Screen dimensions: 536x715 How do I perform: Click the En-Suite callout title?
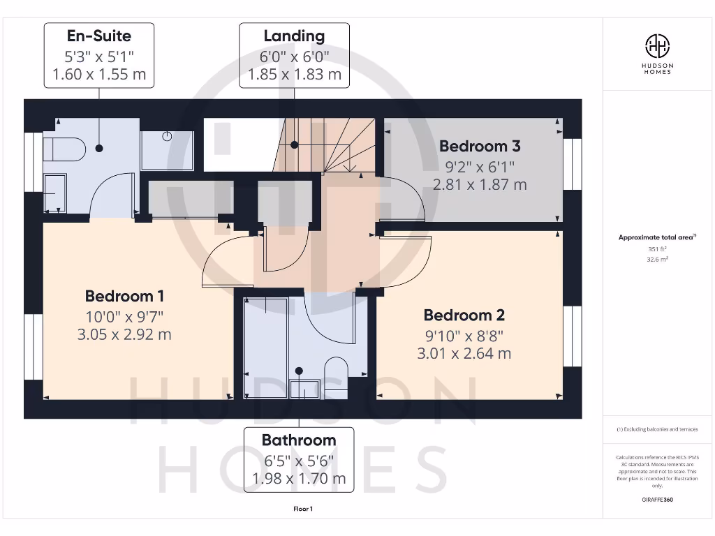pyautogui.click(x=98, y=35)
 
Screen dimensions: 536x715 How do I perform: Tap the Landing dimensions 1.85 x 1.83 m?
pyautogui.click(x=294, y=74)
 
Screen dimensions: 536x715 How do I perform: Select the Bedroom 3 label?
pyautogui.click(x=480, y=147)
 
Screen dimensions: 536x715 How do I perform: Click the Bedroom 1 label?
pyautogui.click(x=124, y=296)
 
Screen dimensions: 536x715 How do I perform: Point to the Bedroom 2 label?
pyautogui.click(x=464, y=315)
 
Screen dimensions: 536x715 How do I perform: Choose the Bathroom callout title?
pyautogui.click(x=299, y=440)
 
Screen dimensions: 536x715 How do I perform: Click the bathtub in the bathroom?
pyautogui.click(x=265, y=348)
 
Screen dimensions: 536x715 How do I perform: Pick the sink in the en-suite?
pyautogui.click(x=54, y=192)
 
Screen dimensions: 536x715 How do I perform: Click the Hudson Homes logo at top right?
pyautogui.click(x=657, y=53)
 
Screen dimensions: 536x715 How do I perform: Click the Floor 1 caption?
pyautogui.click(x=303, y=509)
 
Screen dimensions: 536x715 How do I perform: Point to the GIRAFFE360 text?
pyautogui.click(x=657, y=500)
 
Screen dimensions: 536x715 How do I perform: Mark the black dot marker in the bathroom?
pyautogui.click(x=299, y=371)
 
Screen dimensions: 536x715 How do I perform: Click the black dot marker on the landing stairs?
pyautogui.click(x=295, y=145)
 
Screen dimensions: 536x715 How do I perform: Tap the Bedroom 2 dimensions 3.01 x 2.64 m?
pyautogui.click(x=464, y=354)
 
